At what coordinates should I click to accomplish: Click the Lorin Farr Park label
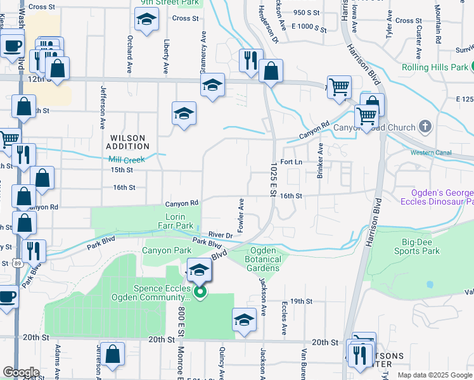[x=175, y=221]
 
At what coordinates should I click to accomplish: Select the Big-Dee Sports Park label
[x=421, y=246]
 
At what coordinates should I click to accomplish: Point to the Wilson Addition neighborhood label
[x=128, y=142]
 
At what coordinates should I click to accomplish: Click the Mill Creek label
[x=126, y=160]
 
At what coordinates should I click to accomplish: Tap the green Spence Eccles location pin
[x=200, y=292]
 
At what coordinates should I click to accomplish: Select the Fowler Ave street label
[x=241, y=213]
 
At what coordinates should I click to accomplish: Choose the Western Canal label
[x=430, y=153]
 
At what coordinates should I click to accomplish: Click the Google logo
[x=21, y=372]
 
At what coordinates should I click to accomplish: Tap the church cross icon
[x=425, y=127]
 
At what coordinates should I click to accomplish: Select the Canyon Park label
[x=167, y=250]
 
